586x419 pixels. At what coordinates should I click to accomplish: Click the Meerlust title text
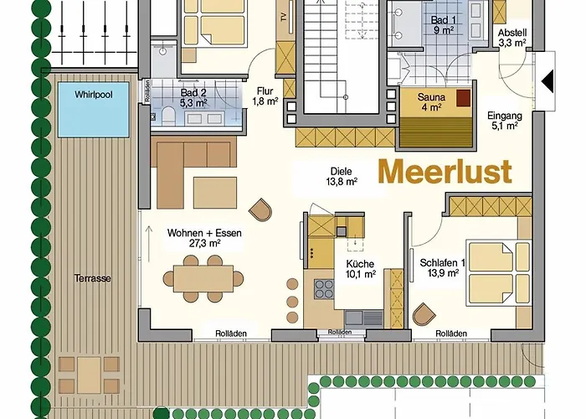pos(444,170)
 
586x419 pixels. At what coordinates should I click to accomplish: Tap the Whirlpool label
pos(92,95)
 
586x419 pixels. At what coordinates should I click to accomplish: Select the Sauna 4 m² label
pos(432,102)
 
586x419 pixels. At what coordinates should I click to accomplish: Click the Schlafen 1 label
pos(439,267)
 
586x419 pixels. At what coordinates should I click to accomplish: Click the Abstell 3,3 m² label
pos(511,35)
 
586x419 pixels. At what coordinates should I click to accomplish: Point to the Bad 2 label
pos(193,98)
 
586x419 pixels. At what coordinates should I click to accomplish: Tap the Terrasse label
pos(92,278)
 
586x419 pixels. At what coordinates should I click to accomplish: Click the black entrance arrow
pos(550,81)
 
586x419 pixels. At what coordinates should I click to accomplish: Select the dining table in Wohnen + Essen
pos(203,279)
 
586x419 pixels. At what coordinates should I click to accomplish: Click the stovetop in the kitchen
pos(323,289)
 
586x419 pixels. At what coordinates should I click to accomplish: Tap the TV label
pos(284,16)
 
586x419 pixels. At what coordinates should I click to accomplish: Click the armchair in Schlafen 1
pos(425,316)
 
